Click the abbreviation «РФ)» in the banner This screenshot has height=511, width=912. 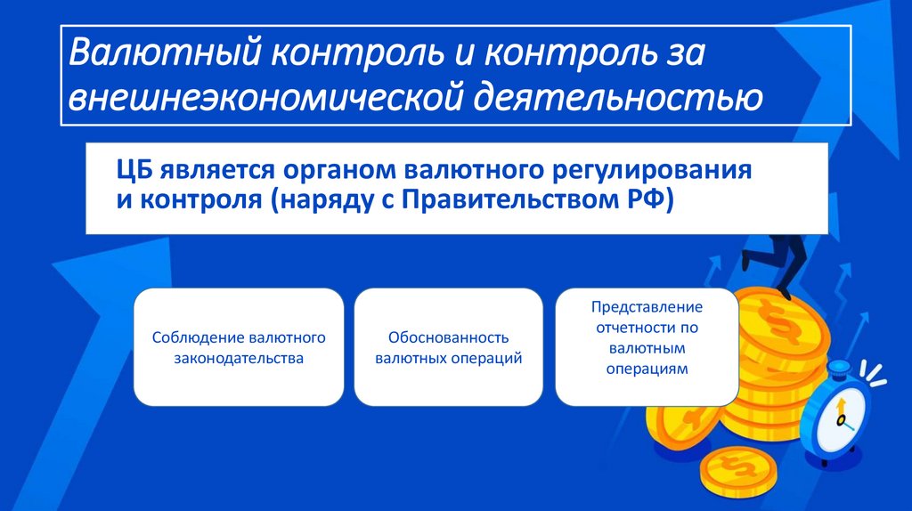(644, 199)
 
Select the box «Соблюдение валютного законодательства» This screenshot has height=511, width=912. (239, 347)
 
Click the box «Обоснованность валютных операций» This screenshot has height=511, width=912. (448, 347)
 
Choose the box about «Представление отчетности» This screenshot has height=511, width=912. (647, 347)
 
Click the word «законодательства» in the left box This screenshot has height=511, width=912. (239, 359)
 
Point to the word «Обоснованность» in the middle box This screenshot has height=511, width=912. (448, 338)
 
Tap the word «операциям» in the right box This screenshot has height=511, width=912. (647, 368)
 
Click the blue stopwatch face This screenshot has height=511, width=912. (838, 414)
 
